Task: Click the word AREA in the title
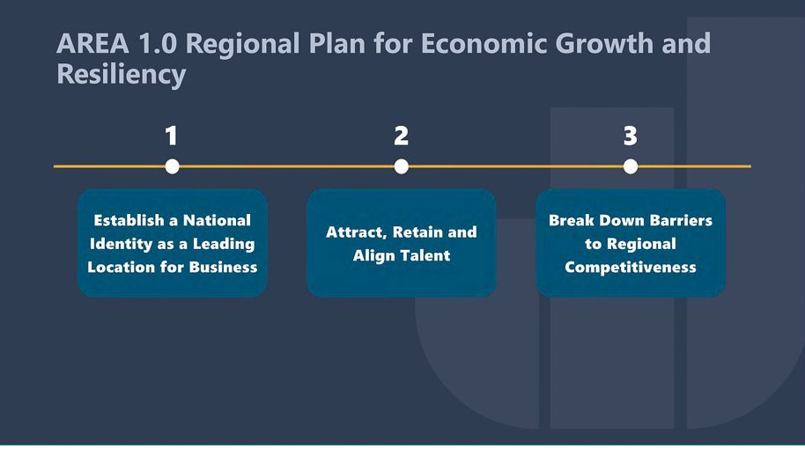[93, 44]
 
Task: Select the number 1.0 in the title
[158, 44]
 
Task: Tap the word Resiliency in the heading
[122, 74]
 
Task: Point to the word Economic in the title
[484, 44]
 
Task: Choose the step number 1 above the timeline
[172, 136]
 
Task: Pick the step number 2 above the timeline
[401, 136]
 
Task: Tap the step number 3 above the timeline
[631, 136]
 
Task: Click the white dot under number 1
[172, 166]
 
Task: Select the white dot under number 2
[402, 166]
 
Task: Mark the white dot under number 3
[631, 166]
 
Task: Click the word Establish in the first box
[129, 221]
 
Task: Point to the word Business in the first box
[224, 268]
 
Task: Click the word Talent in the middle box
[425, 255]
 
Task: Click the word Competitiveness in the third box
[631, 268]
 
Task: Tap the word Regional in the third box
[642, 245]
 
